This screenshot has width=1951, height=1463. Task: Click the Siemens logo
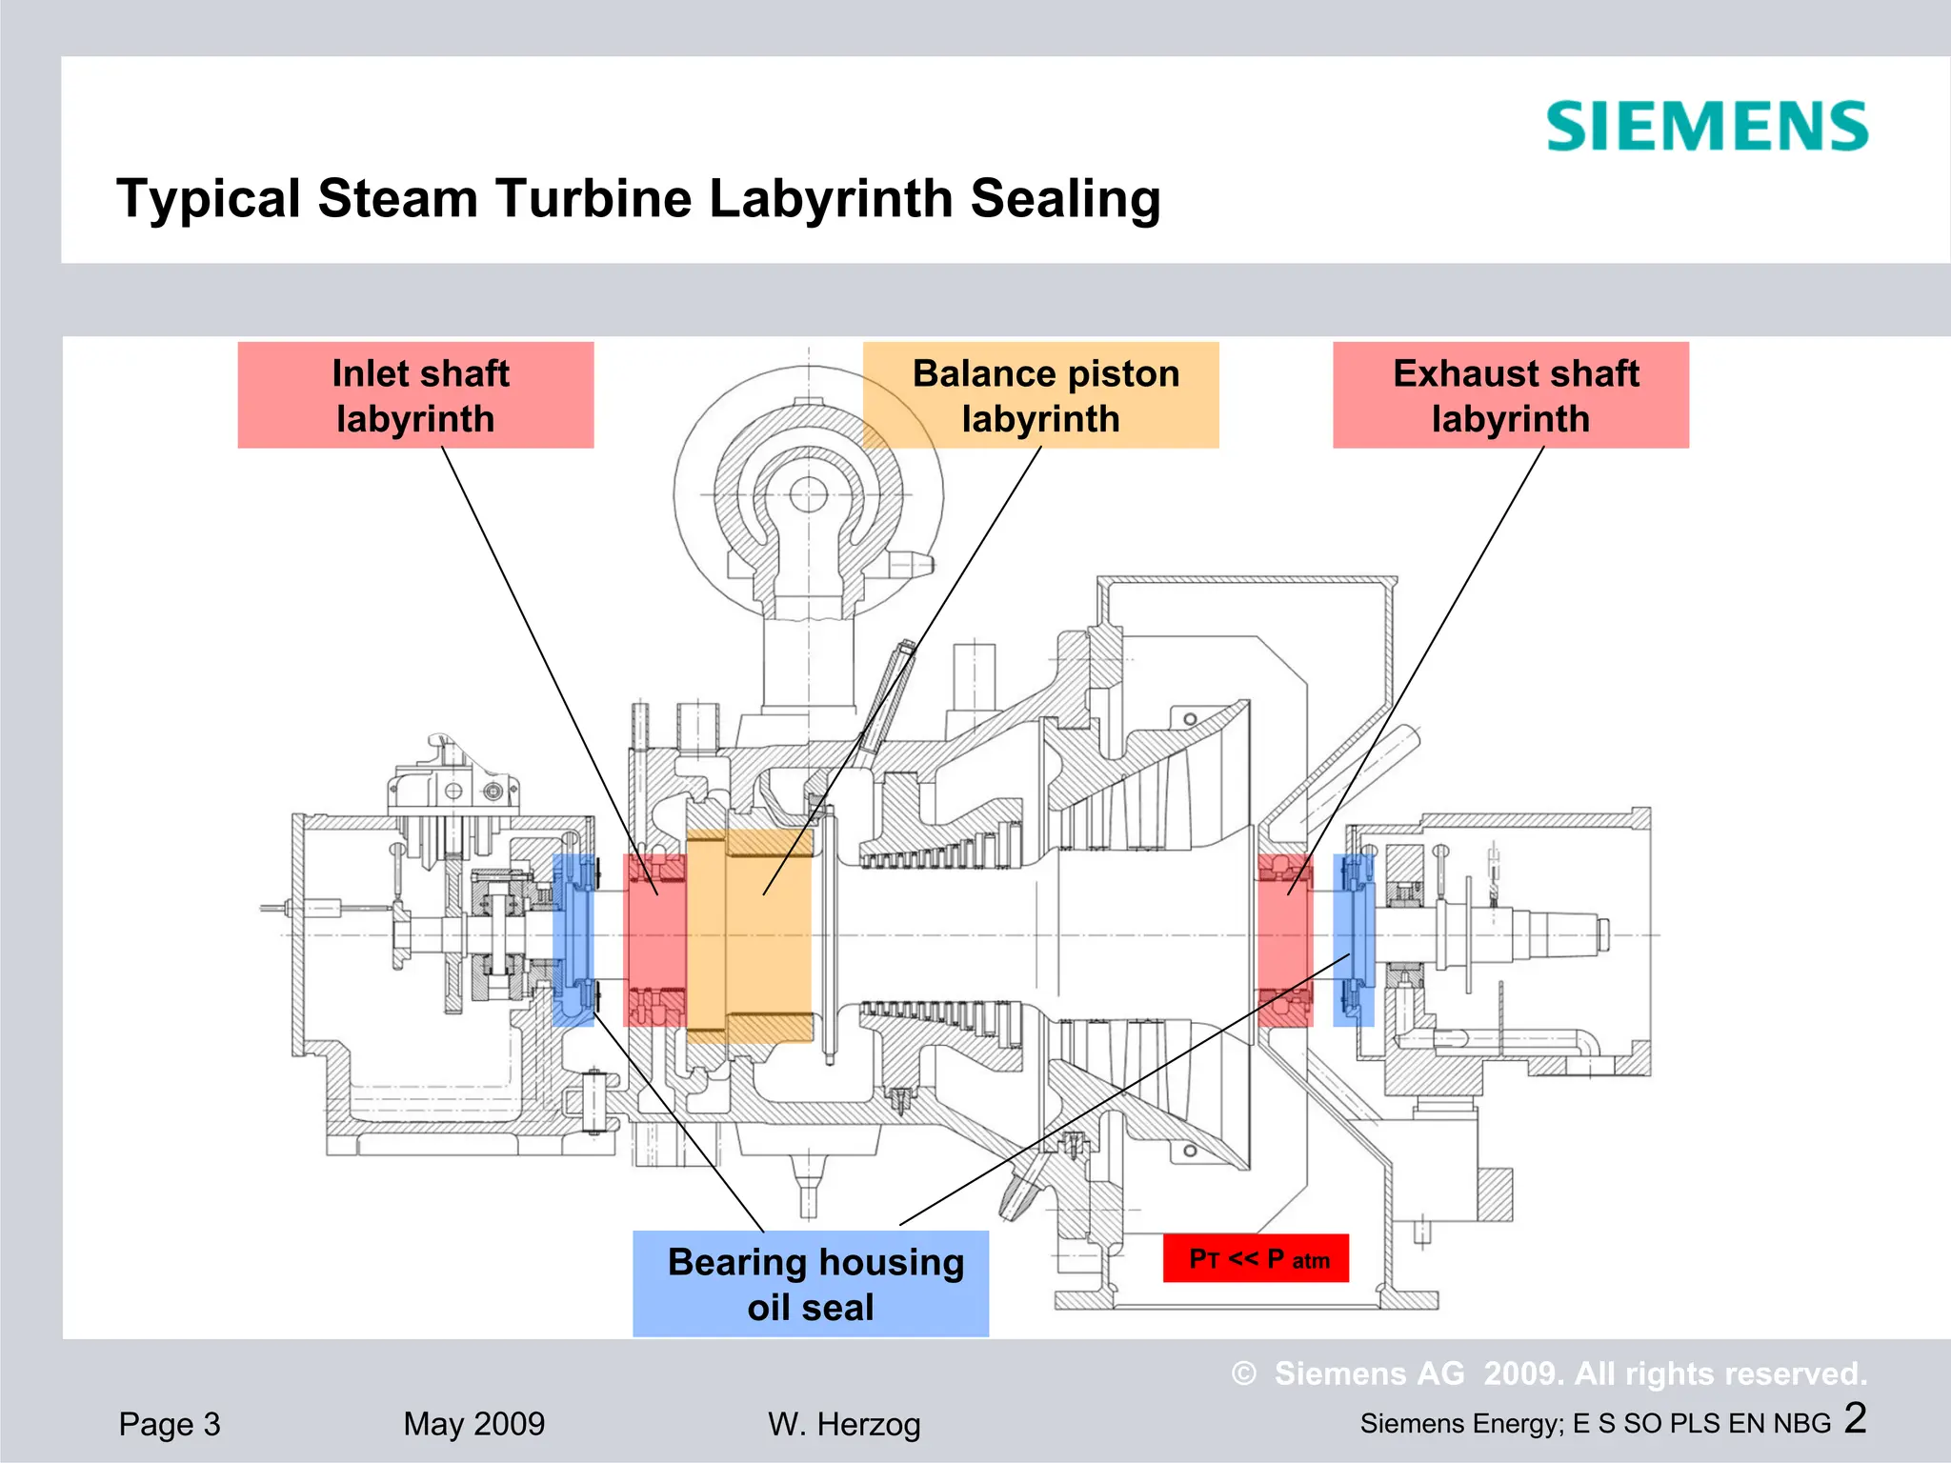1706,127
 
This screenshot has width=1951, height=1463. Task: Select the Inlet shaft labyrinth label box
415,395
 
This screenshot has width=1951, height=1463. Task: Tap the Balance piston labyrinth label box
1041,395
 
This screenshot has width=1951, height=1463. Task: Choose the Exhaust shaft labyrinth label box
1510,395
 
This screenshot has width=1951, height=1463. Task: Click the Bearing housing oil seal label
811,1283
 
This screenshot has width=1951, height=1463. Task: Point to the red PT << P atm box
1256,1258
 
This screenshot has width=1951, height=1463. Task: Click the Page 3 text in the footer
170,1424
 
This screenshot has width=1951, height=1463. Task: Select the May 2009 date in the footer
473,1424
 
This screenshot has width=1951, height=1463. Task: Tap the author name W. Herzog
844,1424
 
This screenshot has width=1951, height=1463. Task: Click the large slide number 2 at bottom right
1855,1418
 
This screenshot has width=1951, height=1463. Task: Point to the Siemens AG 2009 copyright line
1549,1373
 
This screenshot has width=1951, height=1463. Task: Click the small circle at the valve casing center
809,494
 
